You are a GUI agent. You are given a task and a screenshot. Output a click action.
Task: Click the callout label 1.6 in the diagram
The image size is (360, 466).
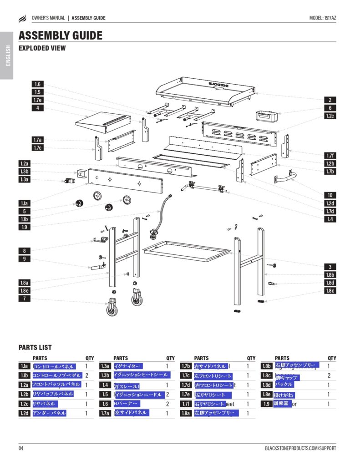pos(37,84)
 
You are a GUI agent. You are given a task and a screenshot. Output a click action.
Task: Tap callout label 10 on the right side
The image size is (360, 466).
pos(330,195)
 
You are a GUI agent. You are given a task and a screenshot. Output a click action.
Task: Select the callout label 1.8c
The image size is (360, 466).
pos(330,291)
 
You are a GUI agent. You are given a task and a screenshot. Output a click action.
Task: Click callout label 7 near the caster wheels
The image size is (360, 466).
pos(25,299)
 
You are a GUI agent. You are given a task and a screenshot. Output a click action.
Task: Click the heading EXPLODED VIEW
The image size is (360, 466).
pos(42,48)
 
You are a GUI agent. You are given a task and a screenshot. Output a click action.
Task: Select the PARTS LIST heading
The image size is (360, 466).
pos(35,348)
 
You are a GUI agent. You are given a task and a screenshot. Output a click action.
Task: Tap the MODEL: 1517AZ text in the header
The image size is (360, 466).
pos(323,18)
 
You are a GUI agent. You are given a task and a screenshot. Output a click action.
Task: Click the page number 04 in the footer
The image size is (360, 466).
pos(21,448)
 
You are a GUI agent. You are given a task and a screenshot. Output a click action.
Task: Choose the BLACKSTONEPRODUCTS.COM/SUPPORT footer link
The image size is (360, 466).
pos(300,448)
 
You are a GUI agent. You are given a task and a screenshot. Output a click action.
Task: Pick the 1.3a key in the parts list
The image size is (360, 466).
pos(105,366)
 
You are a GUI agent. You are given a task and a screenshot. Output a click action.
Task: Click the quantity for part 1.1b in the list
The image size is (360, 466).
pos(86,376)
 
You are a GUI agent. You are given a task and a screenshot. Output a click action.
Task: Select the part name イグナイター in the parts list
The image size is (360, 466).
pos(127,366)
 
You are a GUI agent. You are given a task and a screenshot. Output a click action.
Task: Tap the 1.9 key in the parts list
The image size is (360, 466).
pos(266,404)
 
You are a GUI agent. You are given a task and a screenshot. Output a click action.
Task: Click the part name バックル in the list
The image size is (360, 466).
pos(285,385)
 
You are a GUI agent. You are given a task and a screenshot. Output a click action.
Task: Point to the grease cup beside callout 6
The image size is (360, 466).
pos(266,116)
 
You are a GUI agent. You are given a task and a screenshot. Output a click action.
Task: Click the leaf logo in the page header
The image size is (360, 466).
pos(23,19)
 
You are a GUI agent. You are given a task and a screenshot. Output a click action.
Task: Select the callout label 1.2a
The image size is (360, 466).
pos(25,163)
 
